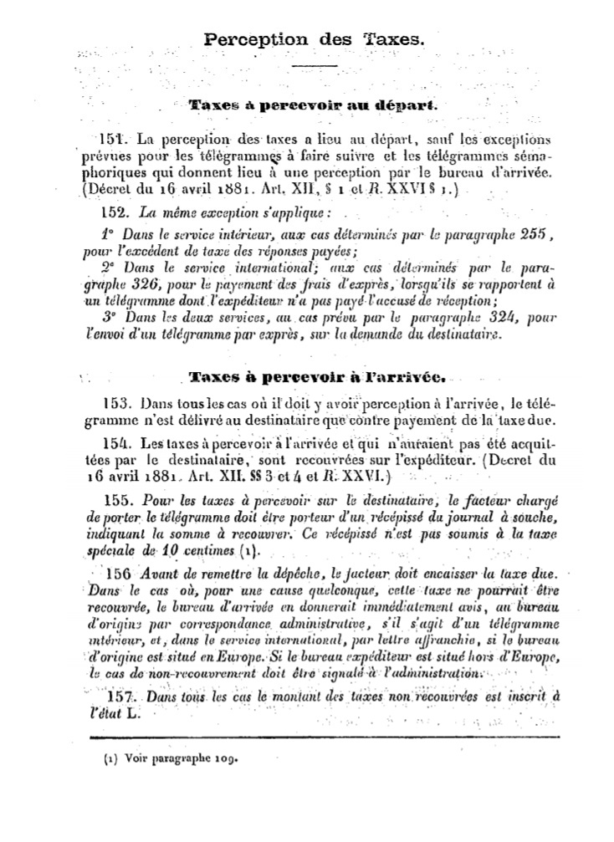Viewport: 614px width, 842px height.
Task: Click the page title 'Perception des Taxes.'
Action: coord(314,39)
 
